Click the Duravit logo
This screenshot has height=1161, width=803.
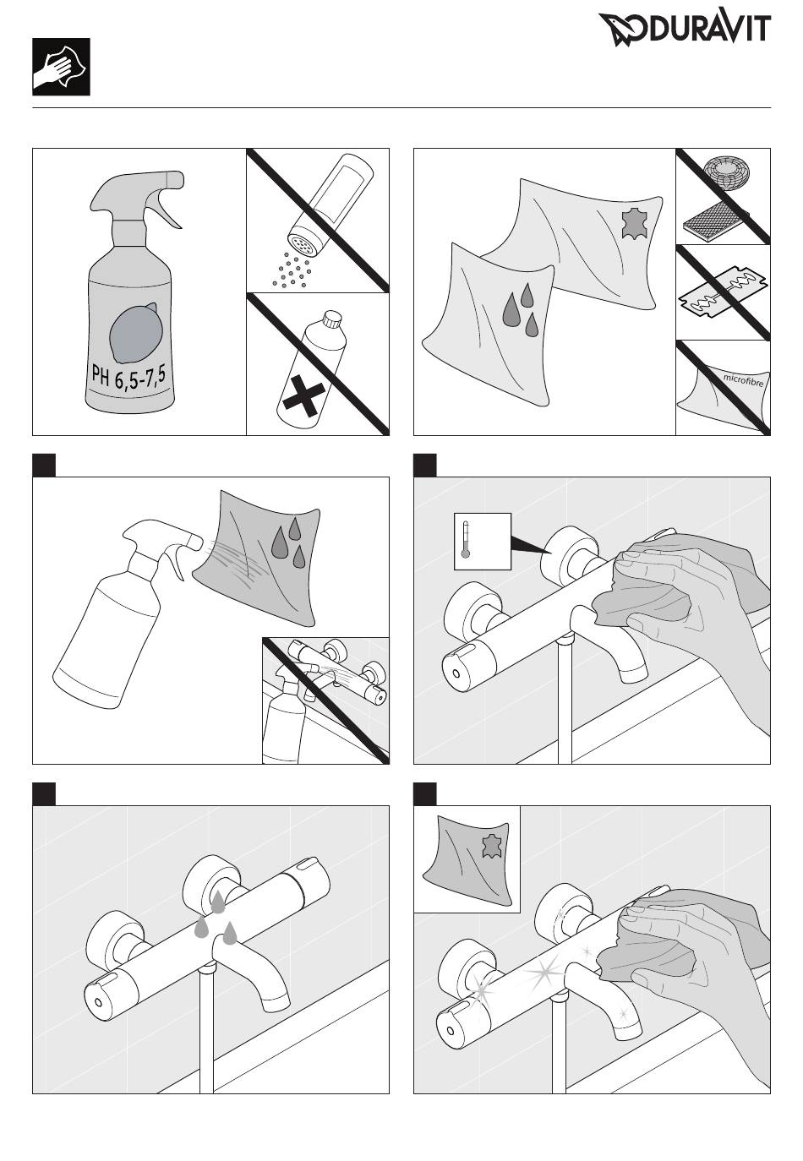click(x=685, y=29)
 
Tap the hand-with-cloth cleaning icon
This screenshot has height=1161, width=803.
click(x=61, y=67)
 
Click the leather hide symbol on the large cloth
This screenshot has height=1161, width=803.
click(x=632, y=223)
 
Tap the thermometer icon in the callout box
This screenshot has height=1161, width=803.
click(x=466, y=539)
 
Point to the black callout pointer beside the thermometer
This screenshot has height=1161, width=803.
click(x=531, y=545)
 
